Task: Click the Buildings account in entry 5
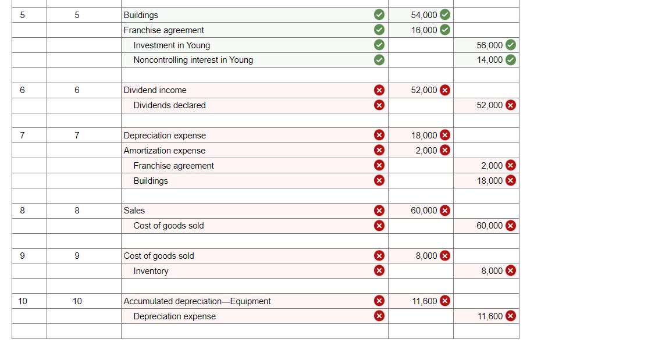point(141,15)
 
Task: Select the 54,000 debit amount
point(424,15)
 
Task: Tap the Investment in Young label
point(172,45)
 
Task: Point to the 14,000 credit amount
point(490,60)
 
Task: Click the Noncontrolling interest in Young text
point(193,60)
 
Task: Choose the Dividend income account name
point(155,90)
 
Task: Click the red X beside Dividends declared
point(379,105)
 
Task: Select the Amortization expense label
point(165,151)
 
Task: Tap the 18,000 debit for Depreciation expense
point(424,136)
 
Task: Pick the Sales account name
point(134,211)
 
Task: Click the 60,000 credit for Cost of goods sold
point(490,226)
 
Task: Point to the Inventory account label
point(151,271)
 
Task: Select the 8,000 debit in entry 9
point(426,255)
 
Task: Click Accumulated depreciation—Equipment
point(197,301)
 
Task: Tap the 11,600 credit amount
point(490,316)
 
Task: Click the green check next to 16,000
point(445,30)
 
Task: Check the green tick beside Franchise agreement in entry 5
point(379,30)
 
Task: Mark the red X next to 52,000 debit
point(445,90)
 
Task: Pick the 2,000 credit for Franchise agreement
point(492,165)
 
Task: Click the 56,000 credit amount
point(490,45)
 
